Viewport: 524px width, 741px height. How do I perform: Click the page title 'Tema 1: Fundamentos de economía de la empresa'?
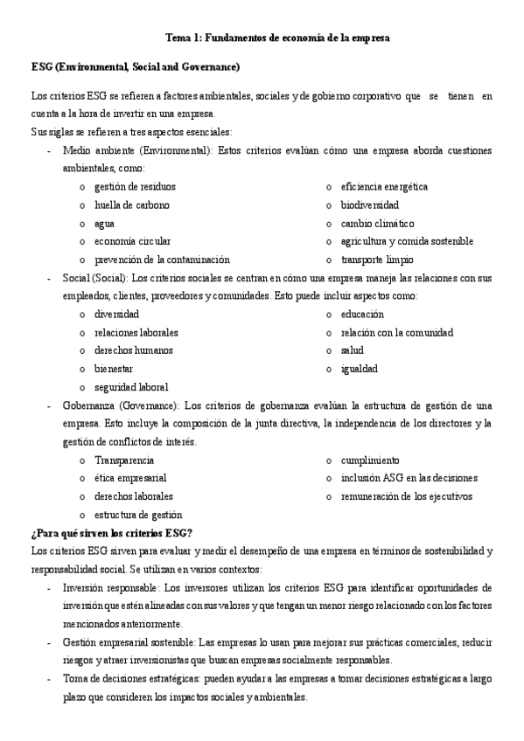tap(277, 38)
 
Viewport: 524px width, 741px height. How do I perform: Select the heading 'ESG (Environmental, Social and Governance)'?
tap(135, 66)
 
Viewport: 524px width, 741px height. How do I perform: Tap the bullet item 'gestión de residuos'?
tap(135, 187)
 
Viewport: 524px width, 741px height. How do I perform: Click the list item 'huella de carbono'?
tap(132, 205)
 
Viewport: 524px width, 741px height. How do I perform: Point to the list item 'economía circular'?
tap(133, 241)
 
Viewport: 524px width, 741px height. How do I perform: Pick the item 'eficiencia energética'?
tap(384, 187)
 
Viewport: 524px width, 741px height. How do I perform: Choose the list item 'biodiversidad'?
tap(369, 205)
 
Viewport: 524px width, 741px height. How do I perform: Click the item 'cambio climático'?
tap(377, 224)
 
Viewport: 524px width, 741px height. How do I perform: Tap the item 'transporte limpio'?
tap(377, 260)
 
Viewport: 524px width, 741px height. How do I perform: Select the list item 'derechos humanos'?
tap(134, 350)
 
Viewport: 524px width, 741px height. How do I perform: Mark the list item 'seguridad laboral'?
tap(131, 387)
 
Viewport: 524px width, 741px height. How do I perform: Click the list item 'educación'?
tap(362, 315)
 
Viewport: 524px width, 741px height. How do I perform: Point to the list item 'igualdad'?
tap(360, 369)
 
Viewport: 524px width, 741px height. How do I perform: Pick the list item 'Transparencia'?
tap(124, 461)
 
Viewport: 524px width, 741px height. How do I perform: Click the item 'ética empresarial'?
tap(130, 479)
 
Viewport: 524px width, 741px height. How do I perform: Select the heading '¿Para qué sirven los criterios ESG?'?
tap(111, 534)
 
